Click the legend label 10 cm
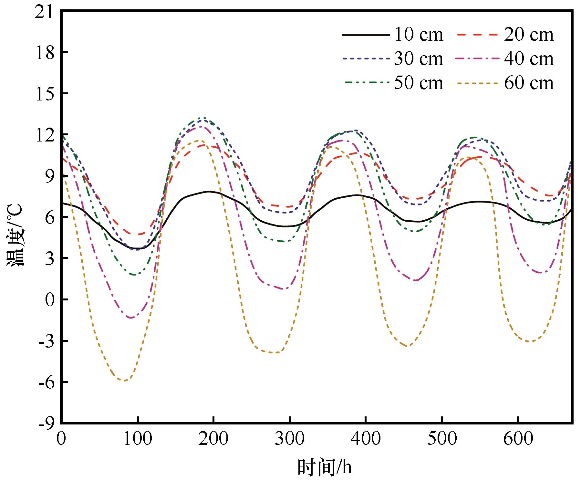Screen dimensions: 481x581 419,35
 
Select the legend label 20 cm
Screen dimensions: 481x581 529,35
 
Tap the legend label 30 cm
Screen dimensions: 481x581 419,59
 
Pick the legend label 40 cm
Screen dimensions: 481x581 529,59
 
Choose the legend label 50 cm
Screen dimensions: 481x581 419,83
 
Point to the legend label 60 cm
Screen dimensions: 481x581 529,83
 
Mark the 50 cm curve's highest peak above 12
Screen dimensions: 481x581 202,118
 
